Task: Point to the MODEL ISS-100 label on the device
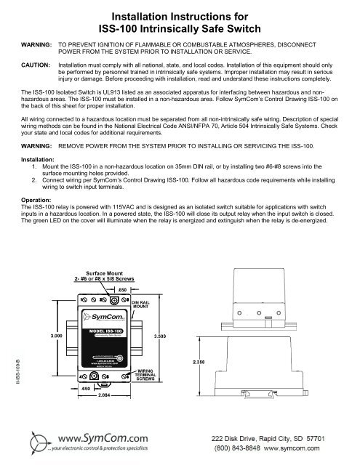coord(107,331)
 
